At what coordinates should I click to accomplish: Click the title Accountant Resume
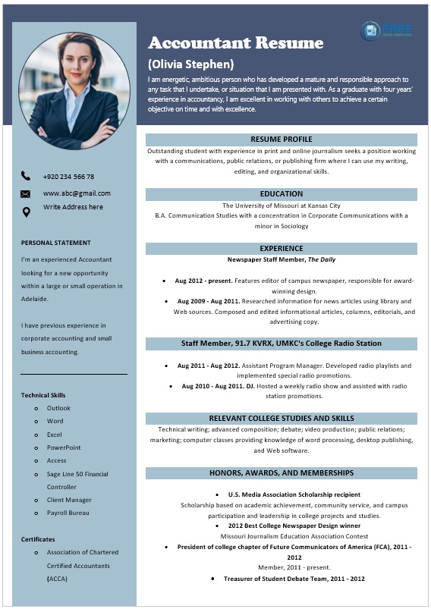(235, 42)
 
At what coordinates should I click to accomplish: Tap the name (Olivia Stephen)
(190, 64)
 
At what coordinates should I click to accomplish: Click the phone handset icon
(26, 176)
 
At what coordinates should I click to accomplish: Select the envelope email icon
(26, 193)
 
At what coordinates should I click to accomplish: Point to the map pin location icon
(26, 212)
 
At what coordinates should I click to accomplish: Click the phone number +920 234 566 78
(68, 177)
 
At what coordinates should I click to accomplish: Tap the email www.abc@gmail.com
(77, 193)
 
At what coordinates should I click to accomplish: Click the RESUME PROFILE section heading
(281, 140)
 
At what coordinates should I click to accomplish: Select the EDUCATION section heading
(281, 194)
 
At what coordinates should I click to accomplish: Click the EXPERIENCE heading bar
(281, 249)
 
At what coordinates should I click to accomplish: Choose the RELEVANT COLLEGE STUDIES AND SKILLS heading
(281, 418)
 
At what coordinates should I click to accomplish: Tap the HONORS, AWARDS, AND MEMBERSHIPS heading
(281, 472)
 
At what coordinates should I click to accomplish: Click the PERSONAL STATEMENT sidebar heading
(56, 243)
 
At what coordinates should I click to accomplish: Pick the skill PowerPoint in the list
(64, 447)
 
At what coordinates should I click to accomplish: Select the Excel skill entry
(54, 435)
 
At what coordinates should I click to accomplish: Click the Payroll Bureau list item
(68, 513)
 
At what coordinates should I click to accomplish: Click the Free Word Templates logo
(387, 30)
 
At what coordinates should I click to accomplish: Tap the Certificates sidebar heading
(38, 539)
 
